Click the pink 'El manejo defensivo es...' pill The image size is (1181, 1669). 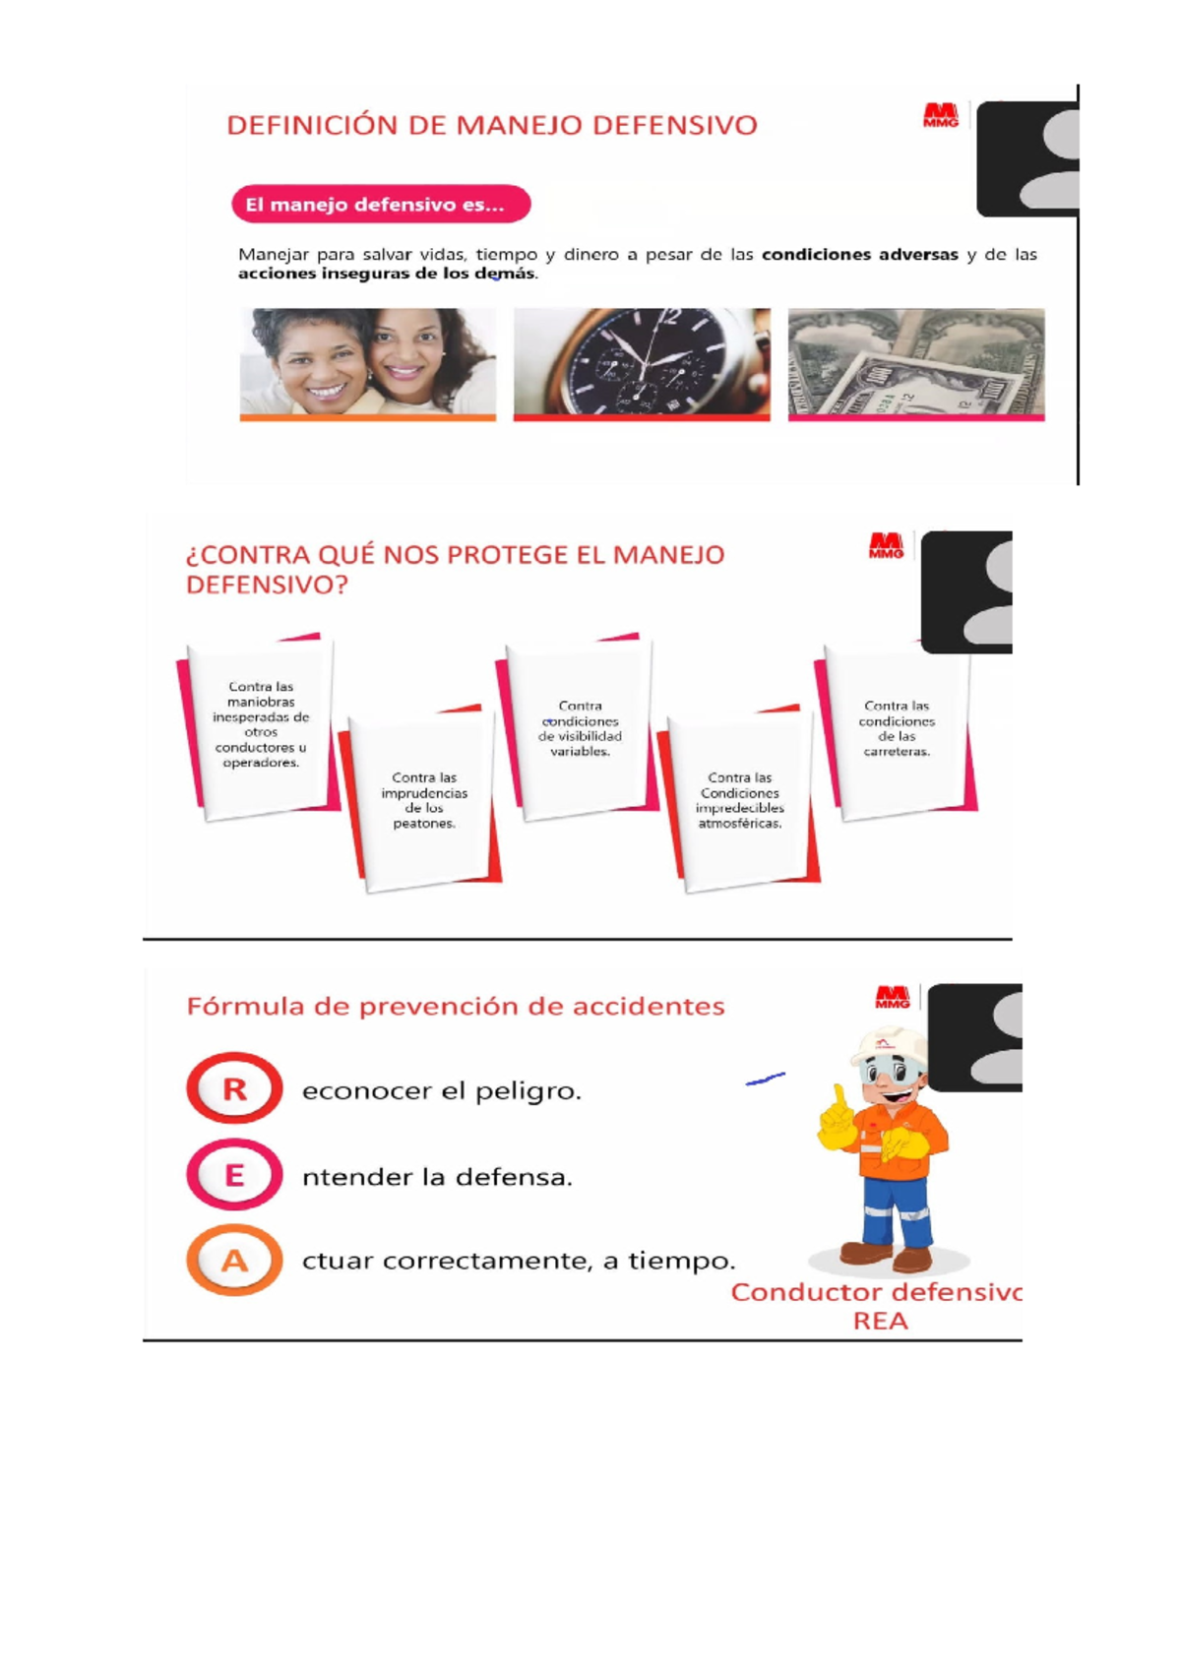(381, 204)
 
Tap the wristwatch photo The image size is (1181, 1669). (642, 364)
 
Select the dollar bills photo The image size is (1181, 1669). (916, 364)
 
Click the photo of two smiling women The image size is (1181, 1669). (367, 364)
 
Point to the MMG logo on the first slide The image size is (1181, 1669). (940, 115)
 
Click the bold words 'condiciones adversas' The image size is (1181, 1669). (860, 255)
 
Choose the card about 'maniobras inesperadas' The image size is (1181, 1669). (259, 726)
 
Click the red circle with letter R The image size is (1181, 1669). (234, 1088)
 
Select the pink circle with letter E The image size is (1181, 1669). (234, 1175)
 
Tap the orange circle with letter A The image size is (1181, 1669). (234, 1261)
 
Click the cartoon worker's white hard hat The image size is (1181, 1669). (891, 1047)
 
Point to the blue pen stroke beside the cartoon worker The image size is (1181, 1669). (766, 1079)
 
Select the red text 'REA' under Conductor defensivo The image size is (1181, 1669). (880, 1321)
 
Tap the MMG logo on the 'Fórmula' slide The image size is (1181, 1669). (892, 997)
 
